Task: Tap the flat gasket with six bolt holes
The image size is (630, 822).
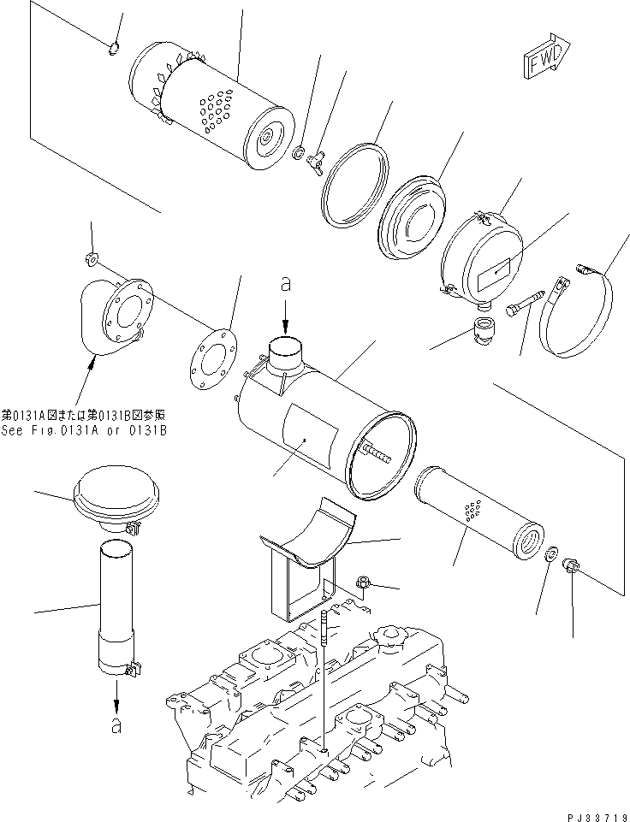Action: [x=208, y=359]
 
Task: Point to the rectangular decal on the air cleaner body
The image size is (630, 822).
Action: [x=309, y=436]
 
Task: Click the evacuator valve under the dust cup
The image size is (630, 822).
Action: [x=485, y=330]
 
